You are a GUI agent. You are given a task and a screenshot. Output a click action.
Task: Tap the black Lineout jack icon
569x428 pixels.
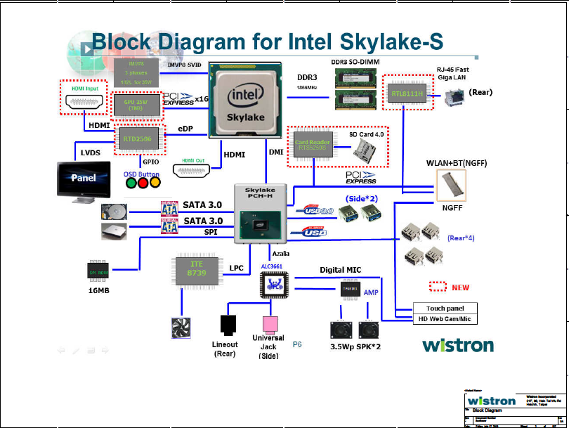(x=230, y=325)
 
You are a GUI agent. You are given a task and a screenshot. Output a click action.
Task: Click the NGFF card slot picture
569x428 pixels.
(x=452, y=184)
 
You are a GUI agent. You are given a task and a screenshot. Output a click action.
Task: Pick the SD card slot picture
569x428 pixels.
(x=364, y=148)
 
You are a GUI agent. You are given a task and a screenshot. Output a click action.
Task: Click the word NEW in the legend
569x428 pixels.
(x=460, y=287)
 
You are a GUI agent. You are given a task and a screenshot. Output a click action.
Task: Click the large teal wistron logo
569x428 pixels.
(x=457, y=345)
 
